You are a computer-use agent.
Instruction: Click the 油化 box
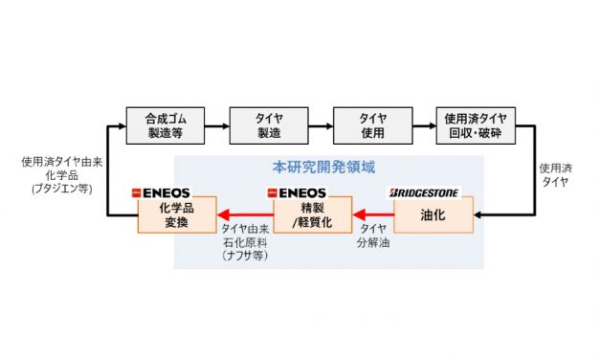point(433,214)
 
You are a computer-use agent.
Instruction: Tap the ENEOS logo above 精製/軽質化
point(299,193)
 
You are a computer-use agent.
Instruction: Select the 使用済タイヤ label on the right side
point(555,171)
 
